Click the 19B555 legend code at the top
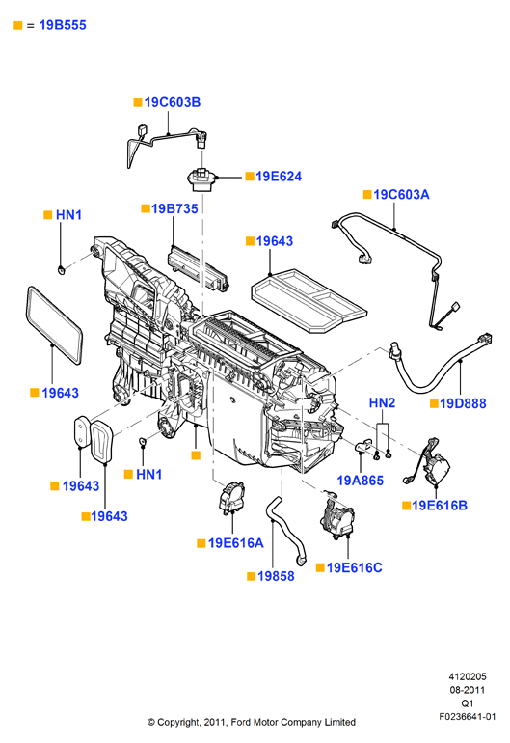coord(63,25)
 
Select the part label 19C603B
coord(173,102)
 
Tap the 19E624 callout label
coord(279,177)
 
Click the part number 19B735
coord(174,208)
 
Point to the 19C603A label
coord(401,194)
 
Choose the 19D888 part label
coord(463,403)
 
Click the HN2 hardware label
coord(382,402)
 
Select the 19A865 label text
coord(360,481)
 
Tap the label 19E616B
coord(440,505)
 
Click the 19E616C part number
coord(354,567)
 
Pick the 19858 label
coord(276,576)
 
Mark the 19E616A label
coord(236,543)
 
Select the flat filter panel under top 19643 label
coord(309,300)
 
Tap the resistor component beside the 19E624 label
coord(201,179)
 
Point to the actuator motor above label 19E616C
coord(336,515)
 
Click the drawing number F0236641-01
coord(467,716)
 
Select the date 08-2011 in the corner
coord(468,690)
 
